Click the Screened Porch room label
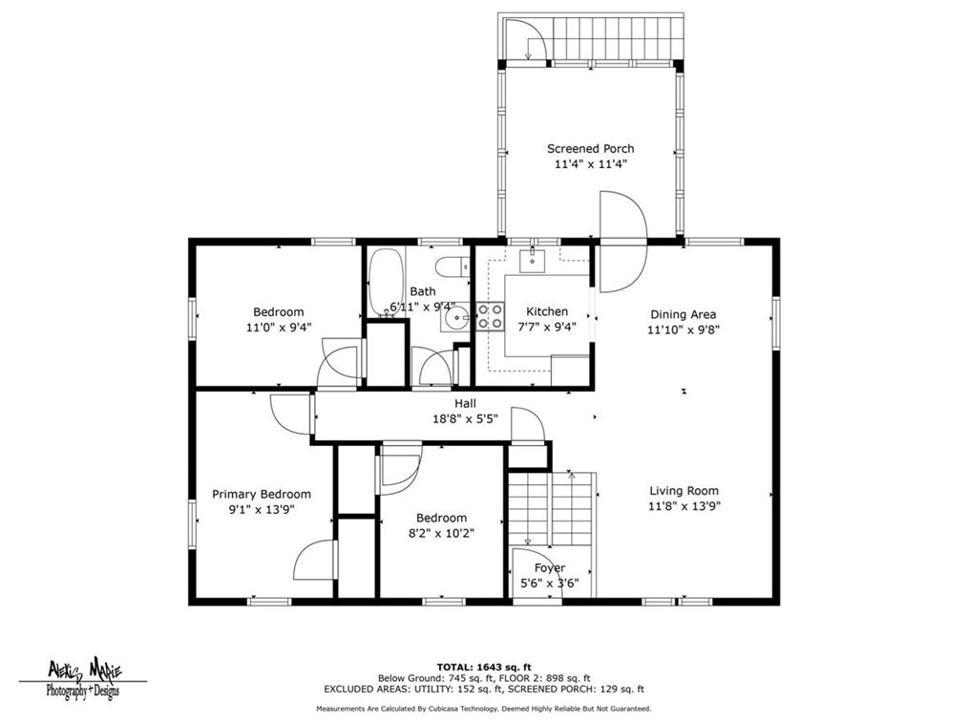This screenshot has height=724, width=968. (x=590, y=148)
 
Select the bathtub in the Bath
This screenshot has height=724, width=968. (x=386, y=283)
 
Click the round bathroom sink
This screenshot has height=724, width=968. (x=455, y=318)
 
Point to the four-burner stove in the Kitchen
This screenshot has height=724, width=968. (x=490, y=316)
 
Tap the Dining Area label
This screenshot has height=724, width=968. (x=684, y=314)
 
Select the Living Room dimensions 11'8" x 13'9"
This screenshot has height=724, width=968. (x=684, y=506)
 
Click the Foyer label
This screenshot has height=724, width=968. (x=550, y=567)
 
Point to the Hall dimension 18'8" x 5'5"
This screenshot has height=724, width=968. (x=465, y=419)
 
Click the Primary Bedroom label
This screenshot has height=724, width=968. (x=262, y=494)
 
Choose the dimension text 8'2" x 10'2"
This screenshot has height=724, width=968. (x=441, y=533)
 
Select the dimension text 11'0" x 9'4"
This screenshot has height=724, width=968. (x=279, y=328)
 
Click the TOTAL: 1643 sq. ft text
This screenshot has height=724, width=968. (x=484, y=667)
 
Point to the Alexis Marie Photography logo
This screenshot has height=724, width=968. (x=84, y=678)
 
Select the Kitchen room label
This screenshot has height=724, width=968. (x=547, y=311)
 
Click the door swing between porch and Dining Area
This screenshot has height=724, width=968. (x=623, y=242)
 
